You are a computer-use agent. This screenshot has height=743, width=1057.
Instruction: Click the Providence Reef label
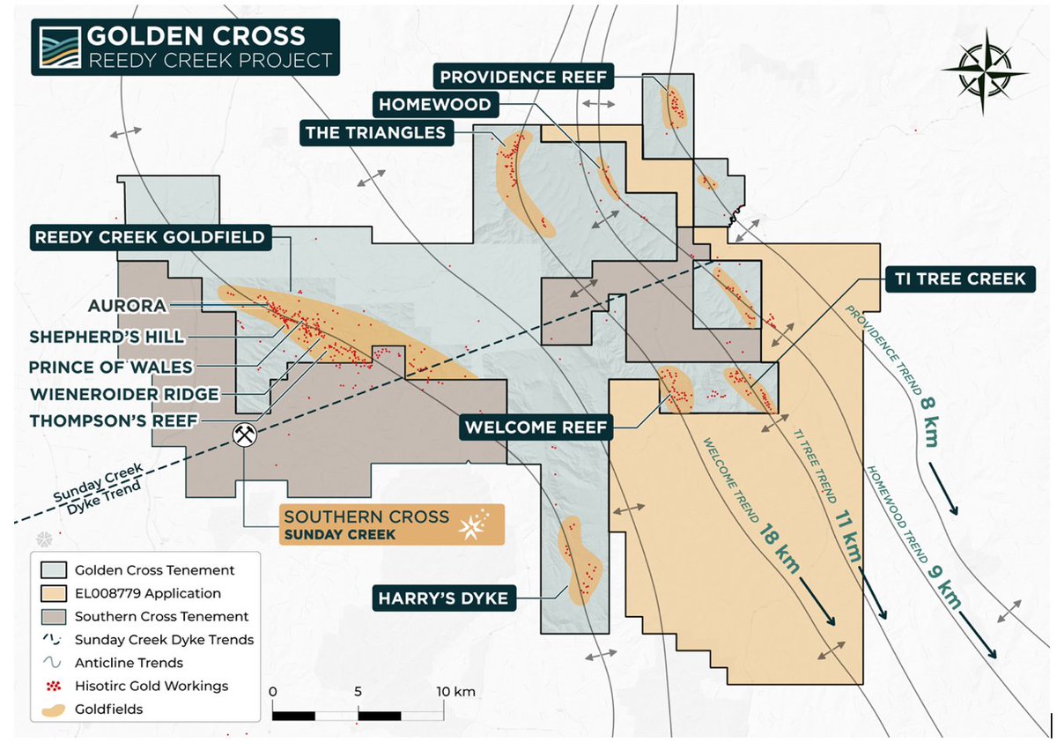click(x=524, y=78)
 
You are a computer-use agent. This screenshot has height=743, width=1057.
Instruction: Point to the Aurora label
click(x=128, y=306)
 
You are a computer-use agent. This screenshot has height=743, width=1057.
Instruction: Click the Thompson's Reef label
click(x=113, y=421)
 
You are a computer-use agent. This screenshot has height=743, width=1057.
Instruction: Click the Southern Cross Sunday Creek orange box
click(x=391, y=524)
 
